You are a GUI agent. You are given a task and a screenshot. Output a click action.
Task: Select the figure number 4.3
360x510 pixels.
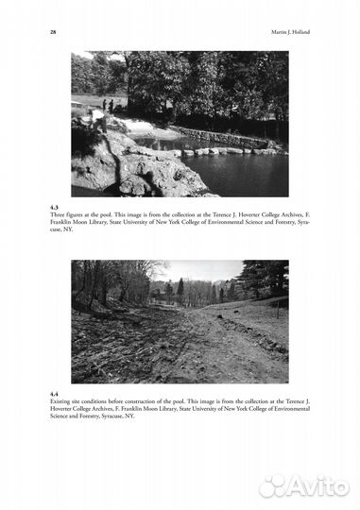(54, 206)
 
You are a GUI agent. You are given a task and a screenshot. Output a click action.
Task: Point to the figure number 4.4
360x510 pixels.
(54, 393)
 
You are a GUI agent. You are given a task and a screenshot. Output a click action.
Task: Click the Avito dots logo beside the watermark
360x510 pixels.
(272, 485)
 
